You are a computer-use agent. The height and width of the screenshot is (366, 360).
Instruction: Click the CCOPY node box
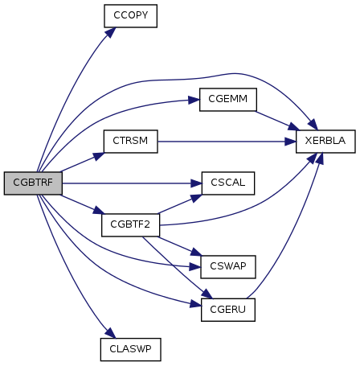coord(130,16)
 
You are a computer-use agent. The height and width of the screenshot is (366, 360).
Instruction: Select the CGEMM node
coord(228,100)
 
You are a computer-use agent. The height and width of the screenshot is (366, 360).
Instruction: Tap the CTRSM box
coord(131,142)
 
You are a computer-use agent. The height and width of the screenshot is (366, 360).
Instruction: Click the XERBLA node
coord(325,142)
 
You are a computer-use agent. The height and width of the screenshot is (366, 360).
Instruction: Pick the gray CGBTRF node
coord(33,183)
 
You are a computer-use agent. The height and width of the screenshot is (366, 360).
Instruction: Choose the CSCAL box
coord(228,183)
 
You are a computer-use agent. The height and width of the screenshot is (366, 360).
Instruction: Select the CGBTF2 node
coord(130,225)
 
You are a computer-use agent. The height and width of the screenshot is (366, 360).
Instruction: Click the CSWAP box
coord(228,267)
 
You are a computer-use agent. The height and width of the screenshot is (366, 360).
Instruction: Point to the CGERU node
coord(228,310)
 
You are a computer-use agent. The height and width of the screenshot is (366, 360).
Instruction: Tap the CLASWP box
coord(131,349)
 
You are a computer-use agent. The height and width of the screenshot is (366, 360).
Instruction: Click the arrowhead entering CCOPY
coord(111,32)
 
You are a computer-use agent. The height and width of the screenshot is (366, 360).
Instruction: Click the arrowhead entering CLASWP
coord(111,333)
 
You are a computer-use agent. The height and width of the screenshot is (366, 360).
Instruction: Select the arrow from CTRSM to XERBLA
coord(227,142)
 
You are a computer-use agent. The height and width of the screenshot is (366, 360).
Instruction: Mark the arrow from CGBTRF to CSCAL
coord(132,183)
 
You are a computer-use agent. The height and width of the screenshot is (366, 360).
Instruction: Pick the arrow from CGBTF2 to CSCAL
coord(180,204)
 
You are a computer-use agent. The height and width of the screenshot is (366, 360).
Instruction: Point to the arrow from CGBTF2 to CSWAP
coord(179,246)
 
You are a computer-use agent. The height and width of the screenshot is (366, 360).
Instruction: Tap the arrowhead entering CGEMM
coord(194,101)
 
